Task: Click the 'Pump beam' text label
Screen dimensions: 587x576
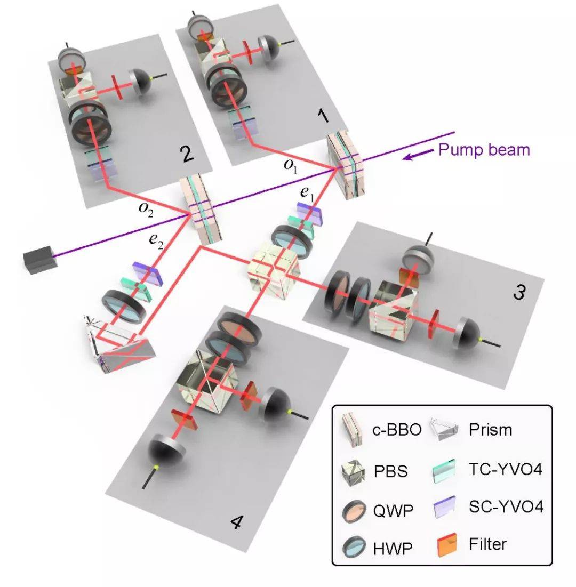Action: click(x=484, y=149)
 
